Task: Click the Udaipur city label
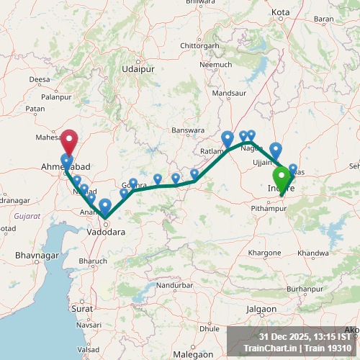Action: pyautogui.click(x=139, y=69)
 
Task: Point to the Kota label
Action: pyautogui.click(x=281, y=12)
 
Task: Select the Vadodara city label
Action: pyautogui.click(x=105, y=232)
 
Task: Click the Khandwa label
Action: pyautogui.click(x=312, y=253)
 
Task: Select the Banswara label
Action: pyautogui.click(x=189, y=130)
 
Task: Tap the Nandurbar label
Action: pyautogui.click(x=176, y=285)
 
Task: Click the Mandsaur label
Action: pyautogui.click(x=230, y=94)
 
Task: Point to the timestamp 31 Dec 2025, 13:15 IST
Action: pyautogui.click(x=305, y=336)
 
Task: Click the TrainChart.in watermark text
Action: pyautogui.click(x=269, y=348)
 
